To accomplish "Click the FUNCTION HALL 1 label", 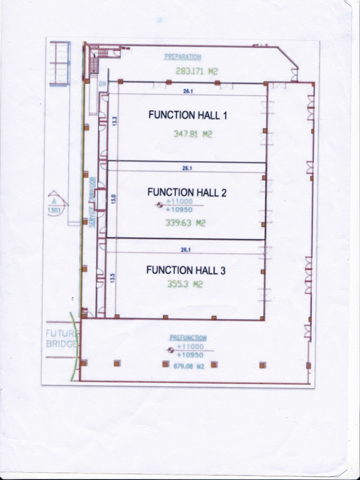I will [187, 115].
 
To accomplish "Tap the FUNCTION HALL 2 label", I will [187, 192].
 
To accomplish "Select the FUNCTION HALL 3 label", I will [186, 270].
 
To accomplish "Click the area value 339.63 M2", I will [185, 223].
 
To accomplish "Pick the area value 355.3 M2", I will [185, 284].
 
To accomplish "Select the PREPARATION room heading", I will [183, 57].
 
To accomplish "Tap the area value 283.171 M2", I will [197, 71].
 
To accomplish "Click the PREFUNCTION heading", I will [187, 338].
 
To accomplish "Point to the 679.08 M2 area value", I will [189, 367].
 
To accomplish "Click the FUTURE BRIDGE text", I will [60, 339].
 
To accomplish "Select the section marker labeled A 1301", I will [55, 204].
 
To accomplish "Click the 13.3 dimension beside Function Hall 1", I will [114, 120].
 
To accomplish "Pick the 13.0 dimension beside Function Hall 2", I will [113, 199].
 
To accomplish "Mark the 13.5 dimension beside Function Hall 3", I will [112, 277].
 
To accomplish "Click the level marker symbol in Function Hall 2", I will [159, 205].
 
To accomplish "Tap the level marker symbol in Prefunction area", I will [171, 350].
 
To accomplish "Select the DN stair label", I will [102, 84].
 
